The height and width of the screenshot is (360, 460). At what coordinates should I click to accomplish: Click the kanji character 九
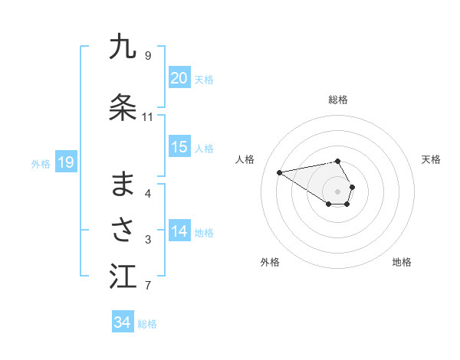pyautogui.click(x=123, y=47)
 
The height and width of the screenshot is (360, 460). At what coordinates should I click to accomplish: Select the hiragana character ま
pyautogui.click(x=123, y=184)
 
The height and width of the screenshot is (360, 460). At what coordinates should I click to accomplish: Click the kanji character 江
pyautogui.click(x=123, y=277)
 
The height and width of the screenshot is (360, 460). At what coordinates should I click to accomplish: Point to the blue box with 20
pyautogui.click(x=179, y=78)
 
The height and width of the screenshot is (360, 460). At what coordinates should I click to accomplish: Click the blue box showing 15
pyautogui.click(x=179, y=147)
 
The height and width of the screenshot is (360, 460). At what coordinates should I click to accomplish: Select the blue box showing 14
pyautogui.click(x=179, y=232)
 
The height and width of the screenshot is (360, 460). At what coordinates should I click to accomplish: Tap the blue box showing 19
pyautogui.click(x=65, y=162)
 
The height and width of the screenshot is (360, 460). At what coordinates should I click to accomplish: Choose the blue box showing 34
pyautogui.click(x=123, y=322)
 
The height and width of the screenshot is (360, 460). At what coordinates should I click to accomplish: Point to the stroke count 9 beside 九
pyautogui.click(x=147, y=56)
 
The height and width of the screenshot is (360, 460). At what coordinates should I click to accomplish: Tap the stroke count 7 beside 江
pyautogui.click(x=147, y=286)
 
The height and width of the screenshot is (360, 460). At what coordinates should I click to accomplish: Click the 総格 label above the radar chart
pyautogui.click(x=338, y=100)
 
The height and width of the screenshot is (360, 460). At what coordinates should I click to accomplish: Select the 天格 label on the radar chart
pyautogui.click(x=431, y=159)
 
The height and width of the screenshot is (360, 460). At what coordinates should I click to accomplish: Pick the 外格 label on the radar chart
pyautogui.click(x=270, y=262)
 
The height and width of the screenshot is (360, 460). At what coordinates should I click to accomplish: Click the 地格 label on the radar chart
pyautogui.click(x=402, y=262)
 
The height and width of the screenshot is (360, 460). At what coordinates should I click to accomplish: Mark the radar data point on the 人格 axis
pyautogui.click(x=279, y=172)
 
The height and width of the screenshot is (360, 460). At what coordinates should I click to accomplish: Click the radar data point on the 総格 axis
pyautogui.click(x=338, y=161)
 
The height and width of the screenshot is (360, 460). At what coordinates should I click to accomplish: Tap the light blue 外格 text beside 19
pyautogui.click(x=41, y=163)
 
